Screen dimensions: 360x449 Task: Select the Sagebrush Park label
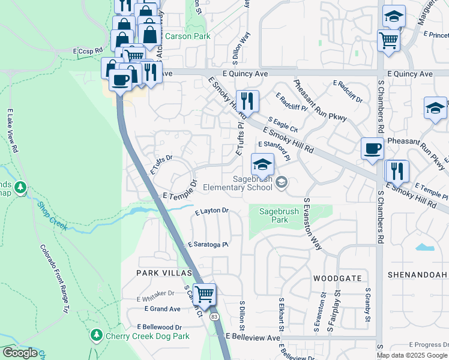click(274, 215)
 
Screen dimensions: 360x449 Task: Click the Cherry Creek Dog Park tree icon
click(96, 334)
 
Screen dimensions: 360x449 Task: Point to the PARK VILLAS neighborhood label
click(163, 272)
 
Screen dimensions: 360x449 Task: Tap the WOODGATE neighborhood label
click(337, 278)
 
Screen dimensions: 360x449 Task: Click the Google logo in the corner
click(20, 353)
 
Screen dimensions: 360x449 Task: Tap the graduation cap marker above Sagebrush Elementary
click(262, 164)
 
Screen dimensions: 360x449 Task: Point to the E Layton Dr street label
click(212, 211)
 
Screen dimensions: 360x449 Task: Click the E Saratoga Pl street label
click(208, 245)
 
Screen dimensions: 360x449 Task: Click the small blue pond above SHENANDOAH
click(424, 247)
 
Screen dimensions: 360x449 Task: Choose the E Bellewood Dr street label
click(159, 327)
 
